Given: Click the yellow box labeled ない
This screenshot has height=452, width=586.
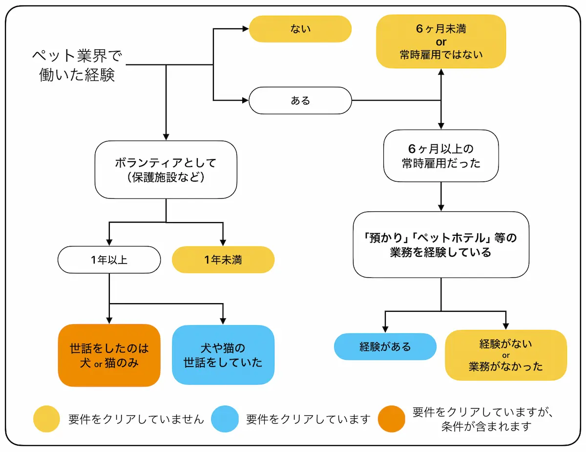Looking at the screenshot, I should click(x=300, y=29).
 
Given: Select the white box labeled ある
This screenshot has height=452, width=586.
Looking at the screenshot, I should click(x=300, y=101).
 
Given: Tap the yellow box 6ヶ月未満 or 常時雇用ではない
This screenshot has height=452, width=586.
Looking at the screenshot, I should click(x=440, y=41).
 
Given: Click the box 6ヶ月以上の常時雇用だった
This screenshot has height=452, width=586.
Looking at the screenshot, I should click(x=440, y=156).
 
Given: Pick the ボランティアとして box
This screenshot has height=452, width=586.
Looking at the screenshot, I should click(x=166, y=170).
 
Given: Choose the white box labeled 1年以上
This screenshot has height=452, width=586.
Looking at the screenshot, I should click(x=109, y=260).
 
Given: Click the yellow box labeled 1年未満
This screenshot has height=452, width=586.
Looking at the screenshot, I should click(x=223, y=260).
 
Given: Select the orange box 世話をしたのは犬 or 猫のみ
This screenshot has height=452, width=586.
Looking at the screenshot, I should click(x=109, y=355).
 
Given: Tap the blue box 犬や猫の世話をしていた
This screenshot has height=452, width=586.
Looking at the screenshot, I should click(x=223, y=355).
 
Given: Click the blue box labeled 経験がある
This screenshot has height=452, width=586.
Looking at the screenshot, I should click(x=385, y=347).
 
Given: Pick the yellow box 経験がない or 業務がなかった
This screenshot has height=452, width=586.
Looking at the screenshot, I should click(x=505, y=355).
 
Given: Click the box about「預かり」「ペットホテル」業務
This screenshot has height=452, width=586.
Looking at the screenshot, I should click(x=440, y=245).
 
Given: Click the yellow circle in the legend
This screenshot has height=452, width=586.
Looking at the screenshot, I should click(x=47, y=419).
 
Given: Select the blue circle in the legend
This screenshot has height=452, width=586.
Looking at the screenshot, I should click(x=225, y=419).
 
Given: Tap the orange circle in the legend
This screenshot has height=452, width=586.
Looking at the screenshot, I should click(x=392, y=419).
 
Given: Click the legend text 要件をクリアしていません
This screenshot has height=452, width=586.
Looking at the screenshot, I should click(x=136, y=419).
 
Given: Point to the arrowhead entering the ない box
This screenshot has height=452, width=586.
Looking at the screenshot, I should click(x=246, y=29).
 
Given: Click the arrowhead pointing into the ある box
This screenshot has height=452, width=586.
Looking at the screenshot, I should click(x=246, y=101).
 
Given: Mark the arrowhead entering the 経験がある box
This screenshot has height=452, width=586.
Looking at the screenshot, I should click(x=385, y=329).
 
